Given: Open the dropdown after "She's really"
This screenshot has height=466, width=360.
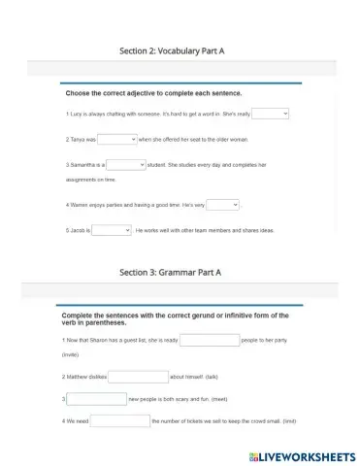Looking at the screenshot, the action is pos(271,114).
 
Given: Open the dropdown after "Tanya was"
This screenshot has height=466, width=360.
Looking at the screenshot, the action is pos(117,139).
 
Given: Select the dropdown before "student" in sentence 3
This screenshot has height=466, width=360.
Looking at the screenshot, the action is pos(126,165).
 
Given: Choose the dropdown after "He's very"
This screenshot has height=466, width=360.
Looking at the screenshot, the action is pos(222,205).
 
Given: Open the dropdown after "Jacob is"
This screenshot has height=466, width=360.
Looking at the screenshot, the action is pos(112,230).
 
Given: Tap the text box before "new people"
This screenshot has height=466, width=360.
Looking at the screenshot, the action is pos(96,398).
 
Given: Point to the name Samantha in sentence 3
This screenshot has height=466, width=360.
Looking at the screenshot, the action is pos(82,166).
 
